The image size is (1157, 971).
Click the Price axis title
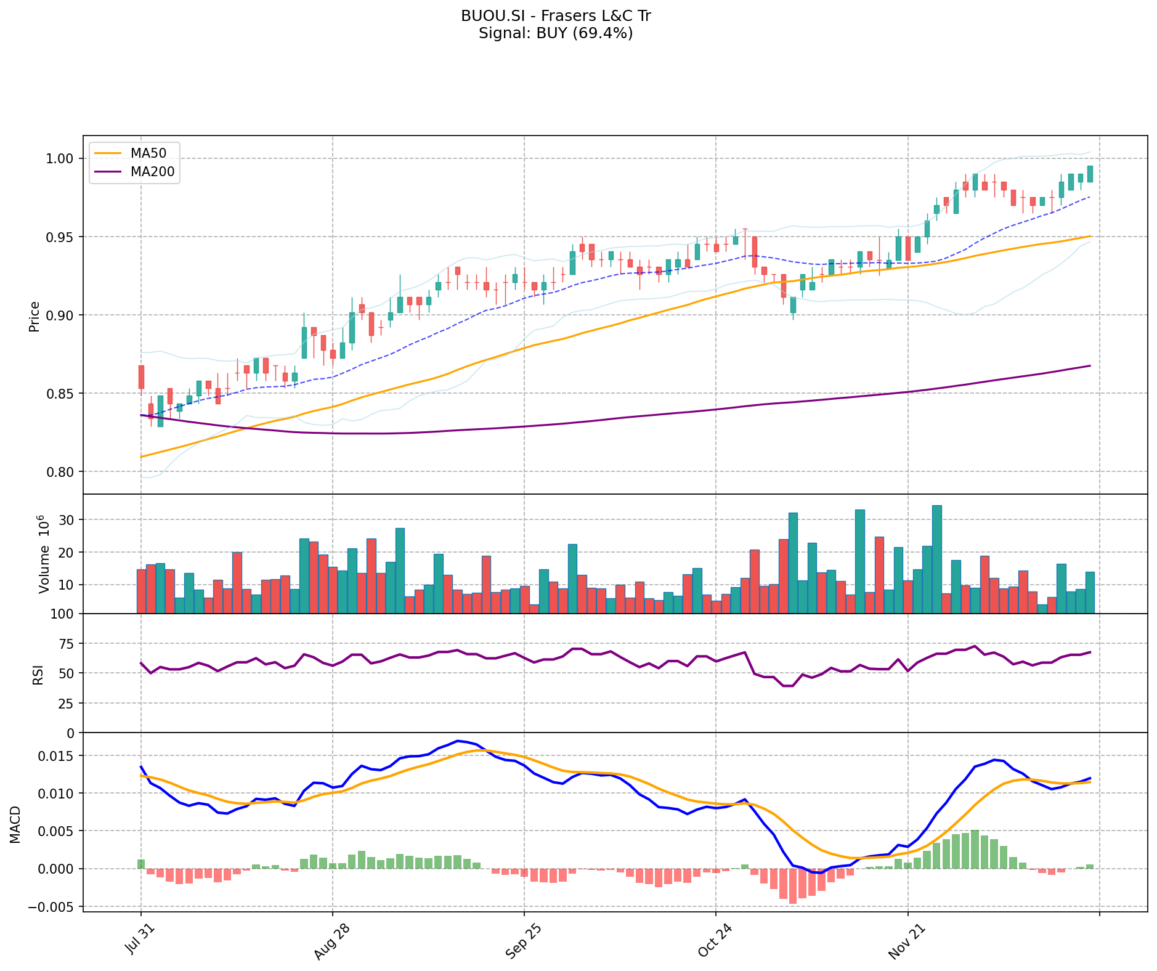tap(35, 317)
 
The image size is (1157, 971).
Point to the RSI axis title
tap(38, 674)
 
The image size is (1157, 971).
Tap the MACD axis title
tap(16, 824)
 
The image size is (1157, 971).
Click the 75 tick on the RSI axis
tap(65, 644)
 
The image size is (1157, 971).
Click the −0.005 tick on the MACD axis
tap(54, 907)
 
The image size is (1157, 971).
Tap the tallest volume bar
tap(936, 559)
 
